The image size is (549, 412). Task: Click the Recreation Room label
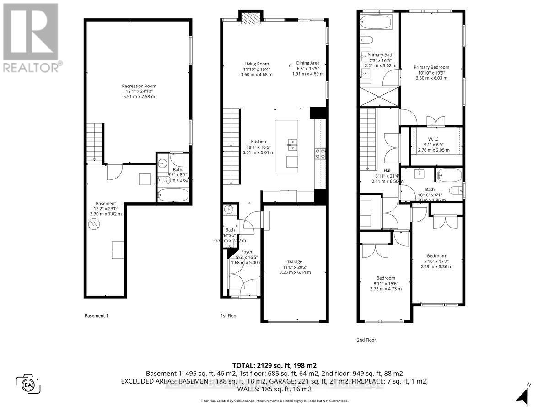[139, 86]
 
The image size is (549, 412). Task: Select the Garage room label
[295, 262]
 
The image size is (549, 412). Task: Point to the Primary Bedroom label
[431, 67]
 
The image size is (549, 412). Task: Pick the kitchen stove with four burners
[320, 154]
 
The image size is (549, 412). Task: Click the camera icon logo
[28, 383]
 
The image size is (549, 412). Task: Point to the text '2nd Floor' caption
[366, 340]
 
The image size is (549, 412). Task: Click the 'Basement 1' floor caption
[97, 316]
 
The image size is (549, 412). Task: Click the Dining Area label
[308, 64]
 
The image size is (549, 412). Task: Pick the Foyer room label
[247, 252]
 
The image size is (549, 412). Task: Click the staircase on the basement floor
[94, 142]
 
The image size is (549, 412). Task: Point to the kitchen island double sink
[291, 144]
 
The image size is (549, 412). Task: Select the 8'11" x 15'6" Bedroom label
[386, 278]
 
